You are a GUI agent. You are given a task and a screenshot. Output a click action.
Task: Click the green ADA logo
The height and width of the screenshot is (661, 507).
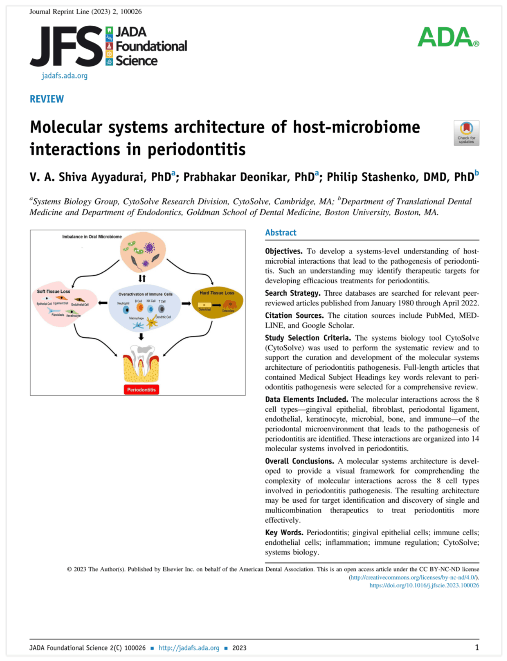[x=448, y=37]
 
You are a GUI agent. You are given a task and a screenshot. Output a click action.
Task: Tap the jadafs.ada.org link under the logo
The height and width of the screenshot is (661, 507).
[x=65, y=76]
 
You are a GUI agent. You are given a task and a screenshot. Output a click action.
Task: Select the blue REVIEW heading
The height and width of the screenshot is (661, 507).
[x=47, y=99]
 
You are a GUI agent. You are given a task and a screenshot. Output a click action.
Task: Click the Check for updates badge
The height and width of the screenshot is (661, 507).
[x=466, y=133]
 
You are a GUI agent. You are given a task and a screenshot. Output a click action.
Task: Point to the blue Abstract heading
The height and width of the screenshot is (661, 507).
[x=280, y=233]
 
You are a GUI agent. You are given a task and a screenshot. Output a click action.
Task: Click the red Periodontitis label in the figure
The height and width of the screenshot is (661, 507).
[x=141, y=389]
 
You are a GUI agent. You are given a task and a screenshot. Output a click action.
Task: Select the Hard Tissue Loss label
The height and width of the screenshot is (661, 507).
[x=217, y=293]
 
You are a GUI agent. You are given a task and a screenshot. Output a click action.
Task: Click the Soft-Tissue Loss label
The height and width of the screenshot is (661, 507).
[x=54, y=291]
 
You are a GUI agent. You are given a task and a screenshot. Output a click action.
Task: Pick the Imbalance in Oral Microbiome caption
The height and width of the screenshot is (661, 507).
[x=92, y=236]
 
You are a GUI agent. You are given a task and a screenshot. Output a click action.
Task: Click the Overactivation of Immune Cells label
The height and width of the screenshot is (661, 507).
[x=145, y=294]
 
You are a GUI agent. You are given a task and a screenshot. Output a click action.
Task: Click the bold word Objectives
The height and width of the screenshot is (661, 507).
[x=284, y=251]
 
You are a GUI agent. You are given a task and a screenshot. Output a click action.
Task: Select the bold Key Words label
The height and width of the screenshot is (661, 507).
[x=284, y=533]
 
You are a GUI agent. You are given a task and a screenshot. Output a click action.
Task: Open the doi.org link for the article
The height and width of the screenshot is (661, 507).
[x=424, y=585]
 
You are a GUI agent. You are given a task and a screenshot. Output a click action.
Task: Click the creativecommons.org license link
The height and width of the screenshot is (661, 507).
[x=414, y=578]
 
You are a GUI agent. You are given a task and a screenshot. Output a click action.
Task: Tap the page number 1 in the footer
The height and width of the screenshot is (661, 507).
[x=477, y=647]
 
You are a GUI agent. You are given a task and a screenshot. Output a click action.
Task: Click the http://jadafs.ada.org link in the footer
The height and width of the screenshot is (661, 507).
[x=189, y=648]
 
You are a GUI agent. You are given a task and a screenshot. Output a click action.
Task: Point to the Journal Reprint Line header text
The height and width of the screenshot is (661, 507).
[x=86, y=12]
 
